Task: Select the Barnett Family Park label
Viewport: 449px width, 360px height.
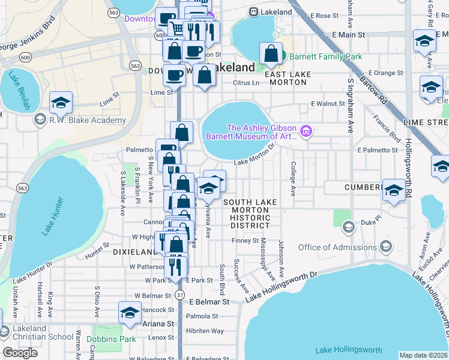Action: coord(325,56)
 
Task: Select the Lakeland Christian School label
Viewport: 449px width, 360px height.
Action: coord(29,332)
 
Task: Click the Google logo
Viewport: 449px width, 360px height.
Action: coord(20,353)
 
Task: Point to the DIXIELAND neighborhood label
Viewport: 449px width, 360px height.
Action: coord(135,253)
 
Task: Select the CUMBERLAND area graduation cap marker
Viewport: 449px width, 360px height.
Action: coord(394,191)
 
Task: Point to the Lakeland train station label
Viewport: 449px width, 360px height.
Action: coord(277,12)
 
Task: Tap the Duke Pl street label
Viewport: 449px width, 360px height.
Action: coord(372,222)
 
